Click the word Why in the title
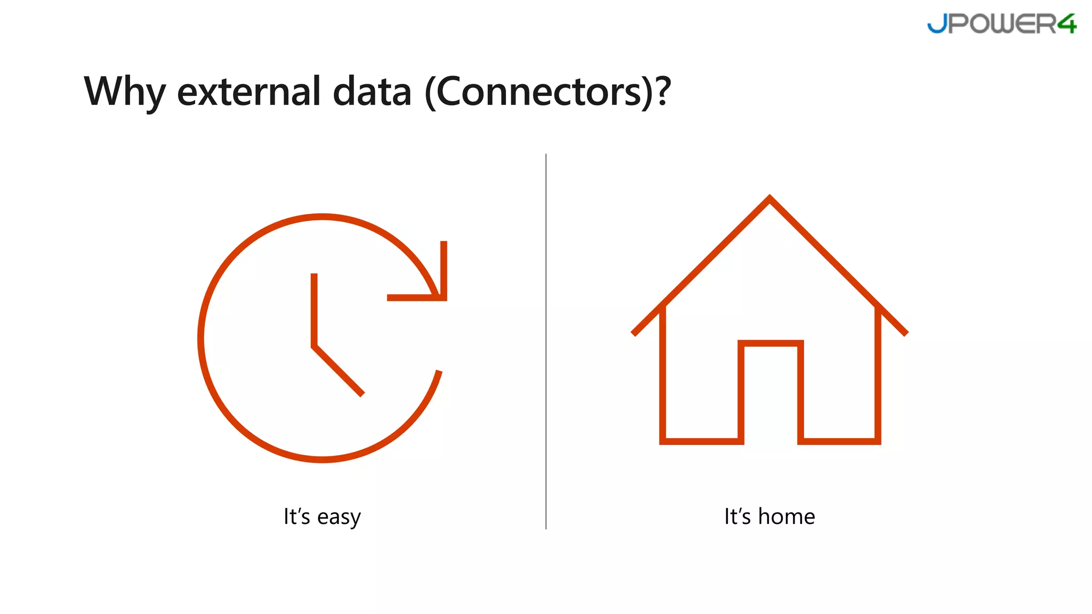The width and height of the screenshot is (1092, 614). [125, 92]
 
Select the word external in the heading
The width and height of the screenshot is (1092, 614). [248, 92]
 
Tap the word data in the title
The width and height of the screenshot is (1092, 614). [372, 92]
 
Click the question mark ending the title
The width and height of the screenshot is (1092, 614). [663, 92]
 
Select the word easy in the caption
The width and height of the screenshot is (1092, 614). [339, 517]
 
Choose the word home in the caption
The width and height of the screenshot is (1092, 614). [786, 516]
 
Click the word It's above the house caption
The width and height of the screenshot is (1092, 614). [737, 516]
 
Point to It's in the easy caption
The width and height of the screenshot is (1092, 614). [296, 516]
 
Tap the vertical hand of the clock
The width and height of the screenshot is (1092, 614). [314, 309]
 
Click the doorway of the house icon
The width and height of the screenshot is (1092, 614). [770, 394]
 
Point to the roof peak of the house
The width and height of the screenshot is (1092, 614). [769, 199]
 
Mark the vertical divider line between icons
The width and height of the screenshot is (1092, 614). [546, 341]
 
